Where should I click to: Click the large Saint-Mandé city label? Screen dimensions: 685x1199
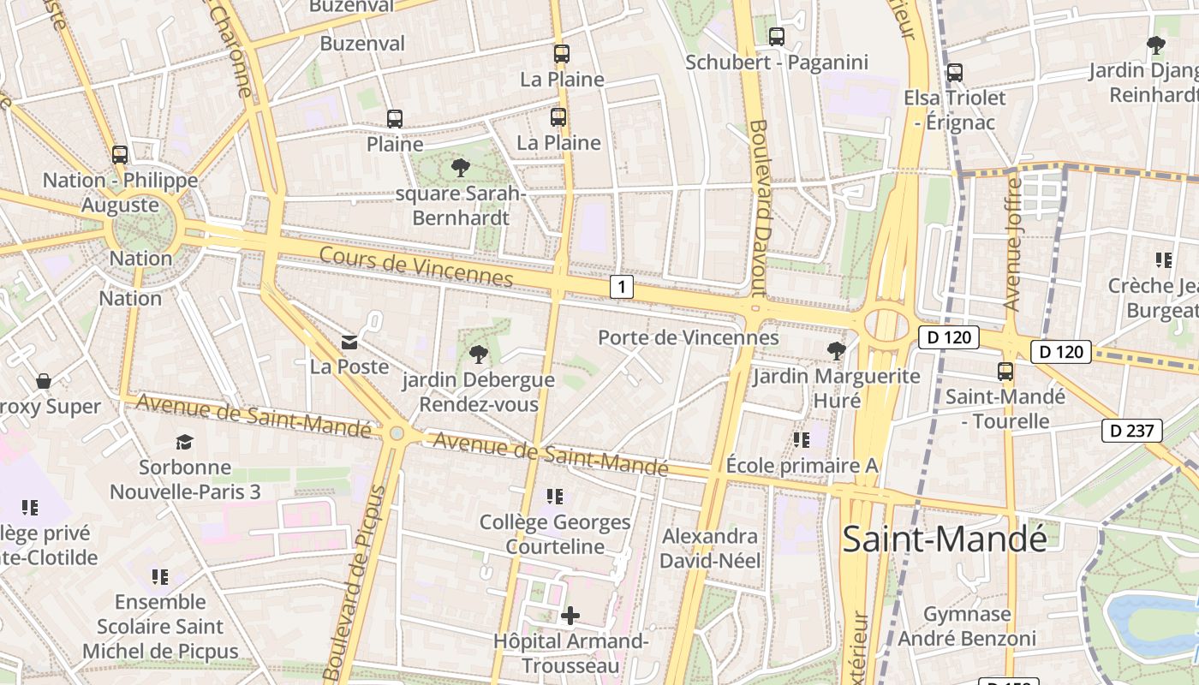click(x=945, y=539)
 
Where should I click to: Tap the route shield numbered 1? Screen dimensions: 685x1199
click(x=622, y=287)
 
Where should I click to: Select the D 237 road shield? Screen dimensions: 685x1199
click(x=1131, y=431)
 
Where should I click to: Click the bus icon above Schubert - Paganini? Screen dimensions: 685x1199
click(x=777, y=37)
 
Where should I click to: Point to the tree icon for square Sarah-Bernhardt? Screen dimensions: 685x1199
click(x=461, y=167)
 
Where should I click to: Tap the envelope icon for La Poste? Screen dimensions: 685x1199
click(x=349, y=342)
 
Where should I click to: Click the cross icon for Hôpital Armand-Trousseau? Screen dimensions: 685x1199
click(x=570, y=616)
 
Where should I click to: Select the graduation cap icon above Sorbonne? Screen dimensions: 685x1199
click(x=185, y=442)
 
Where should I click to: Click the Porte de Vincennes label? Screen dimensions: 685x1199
click(x=688, y=337)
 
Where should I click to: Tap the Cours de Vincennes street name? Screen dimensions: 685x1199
click(x=416, y=266)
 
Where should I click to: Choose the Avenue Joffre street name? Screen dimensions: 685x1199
click(x=1012, y=244)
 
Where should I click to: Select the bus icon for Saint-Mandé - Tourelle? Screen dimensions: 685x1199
click(x=1005, y=372)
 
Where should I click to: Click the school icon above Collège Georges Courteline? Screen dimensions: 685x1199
click(x=555, y=496)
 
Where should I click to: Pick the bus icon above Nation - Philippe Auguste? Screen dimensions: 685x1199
click(x=120, y=155)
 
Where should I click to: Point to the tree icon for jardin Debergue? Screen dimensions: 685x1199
click(x=479, y=354)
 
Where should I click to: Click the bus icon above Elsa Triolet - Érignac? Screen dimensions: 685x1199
click(x=955, y=73)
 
